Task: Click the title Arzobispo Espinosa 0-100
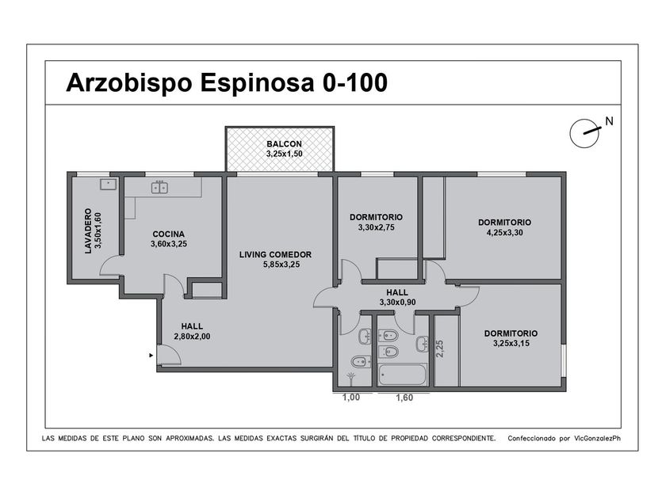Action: (227, 82)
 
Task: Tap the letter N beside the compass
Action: (610, 121)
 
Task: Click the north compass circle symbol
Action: (584, 133)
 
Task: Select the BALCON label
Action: (284, 144)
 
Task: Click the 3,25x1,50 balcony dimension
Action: (284, 154)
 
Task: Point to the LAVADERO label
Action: (88, 230)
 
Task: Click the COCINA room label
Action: (169, 234)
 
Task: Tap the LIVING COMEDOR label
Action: (275, 254)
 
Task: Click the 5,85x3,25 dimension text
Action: (281, 265)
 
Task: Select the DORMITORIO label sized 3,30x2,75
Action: (376, 217)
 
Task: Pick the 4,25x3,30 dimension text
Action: (504, 233)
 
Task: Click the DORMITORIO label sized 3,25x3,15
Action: (511, 333)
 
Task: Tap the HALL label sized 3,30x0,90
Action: (397, 292)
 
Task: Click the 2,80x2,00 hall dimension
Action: (192, 337)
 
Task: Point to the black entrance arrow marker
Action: (151, 355)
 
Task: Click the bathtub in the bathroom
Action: (402, 375)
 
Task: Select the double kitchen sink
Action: (159, 187)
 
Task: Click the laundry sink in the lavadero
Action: (109, 184)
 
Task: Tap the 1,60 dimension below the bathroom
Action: (404, 398)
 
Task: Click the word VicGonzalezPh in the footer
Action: (597, 438)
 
